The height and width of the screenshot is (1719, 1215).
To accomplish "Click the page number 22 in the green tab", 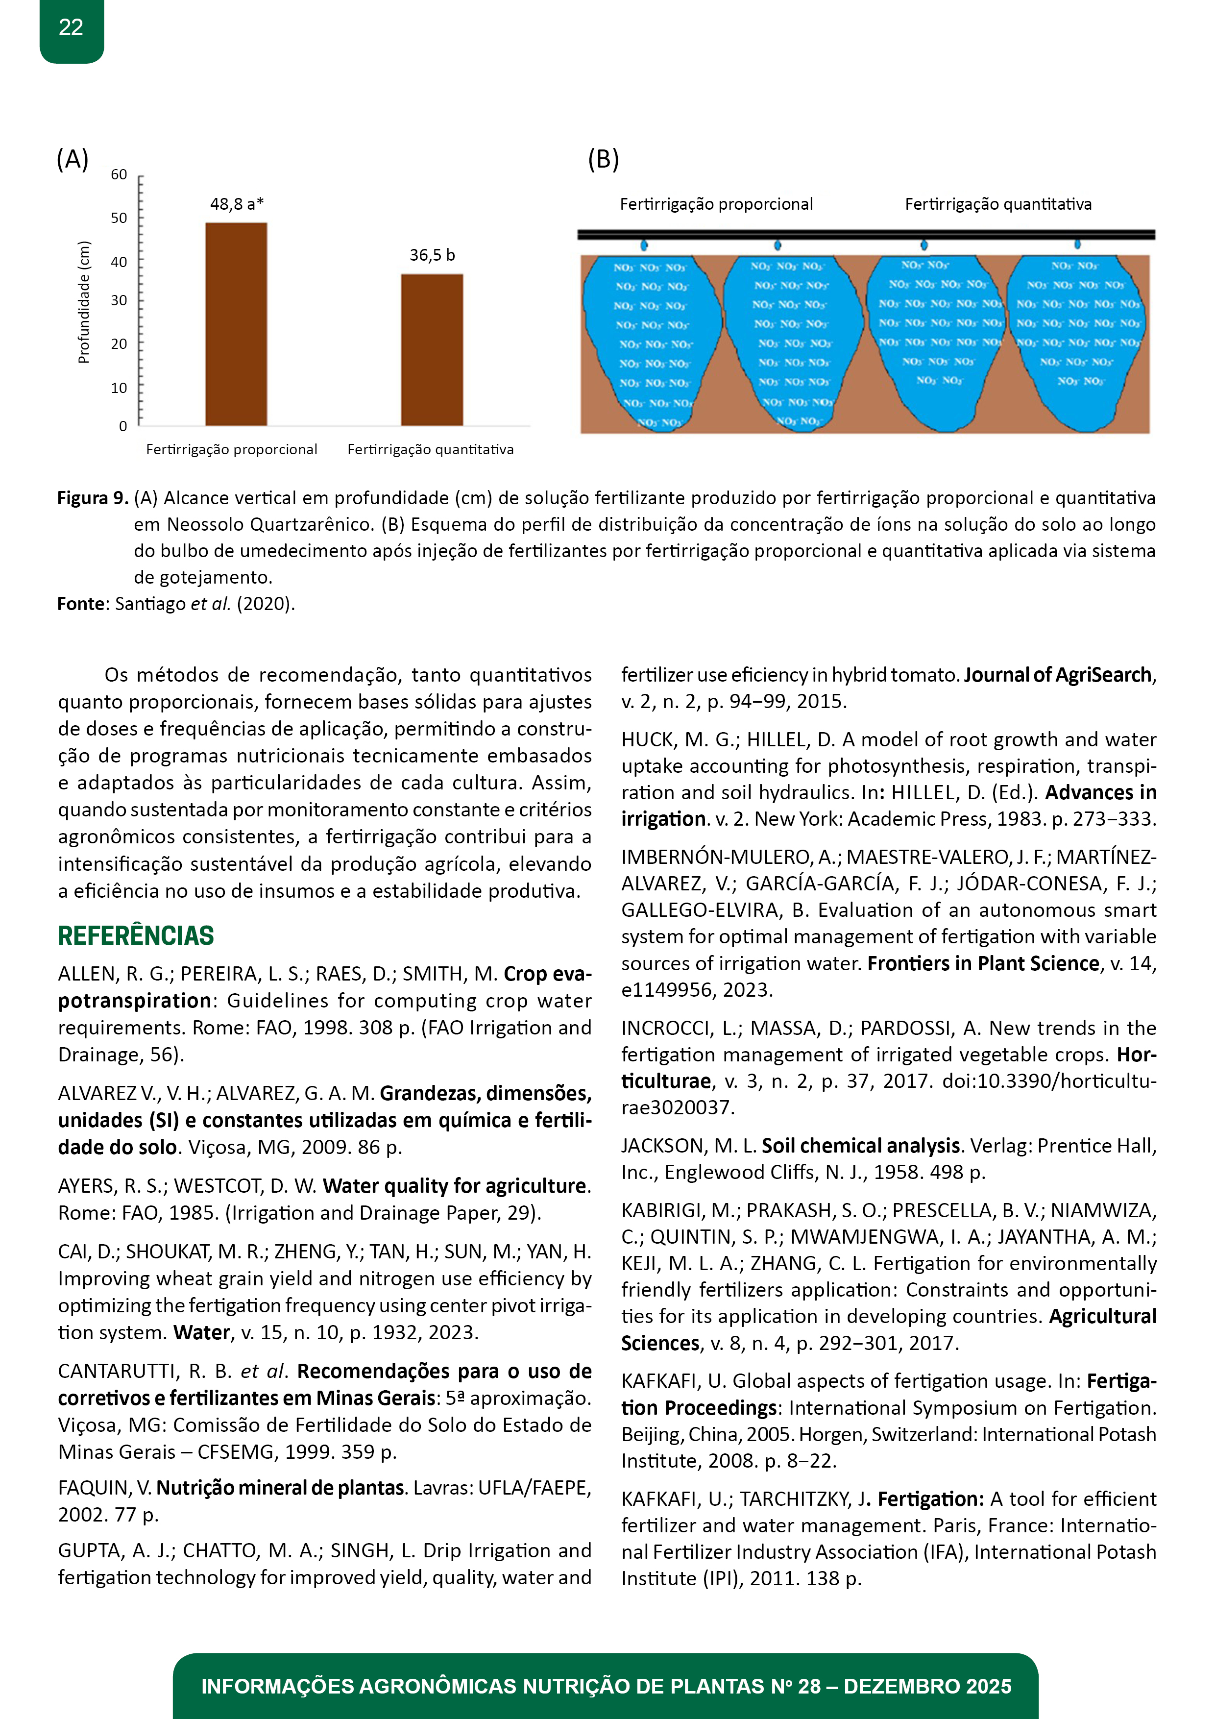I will pos(71,28).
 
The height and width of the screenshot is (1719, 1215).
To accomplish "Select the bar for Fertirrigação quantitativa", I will pos(432,350).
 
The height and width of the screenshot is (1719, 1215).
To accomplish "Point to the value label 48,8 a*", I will pos(237,204).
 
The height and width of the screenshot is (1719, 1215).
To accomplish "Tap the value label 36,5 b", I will pos(432,255).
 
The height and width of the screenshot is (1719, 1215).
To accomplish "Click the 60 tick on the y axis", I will pos(119,174).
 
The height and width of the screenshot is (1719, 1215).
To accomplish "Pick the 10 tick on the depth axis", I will pos(119,388).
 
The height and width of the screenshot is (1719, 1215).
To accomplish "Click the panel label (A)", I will pos(73,159).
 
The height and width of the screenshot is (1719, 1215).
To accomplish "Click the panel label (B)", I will pos(604,159).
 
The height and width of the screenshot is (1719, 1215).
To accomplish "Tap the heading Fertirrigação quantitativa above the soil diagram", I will pos(998,204).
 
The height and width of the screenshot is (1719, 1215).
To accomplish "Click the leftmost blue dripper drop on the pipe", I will pos(644,245).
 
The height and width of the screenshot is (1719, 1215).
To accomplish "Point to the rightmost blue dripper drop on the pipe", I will pos(1077,244).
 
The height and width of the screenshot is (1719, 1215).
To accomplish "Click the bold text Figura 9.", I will pos(93,498).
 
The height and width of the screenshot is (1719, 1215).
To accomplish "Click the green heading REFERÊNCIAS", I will pos(136,936).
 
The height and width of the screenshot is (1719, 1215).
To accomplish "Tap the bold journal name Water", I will pos(201,1333).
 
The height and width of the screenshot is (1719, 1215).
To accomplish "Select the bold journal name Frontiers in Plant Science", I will pos(983,963).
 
